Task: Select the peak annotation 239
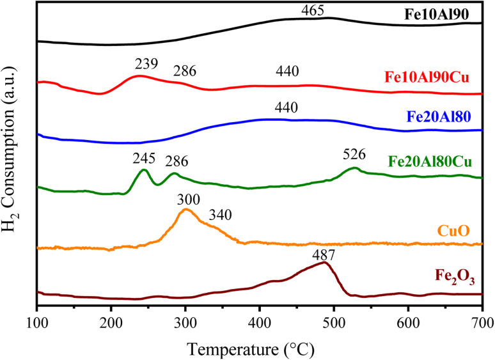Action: click(146, 65)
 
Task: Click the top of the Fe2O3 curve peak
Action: click(324, 263)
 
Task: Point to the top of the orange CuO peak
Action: click(185, 209)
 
